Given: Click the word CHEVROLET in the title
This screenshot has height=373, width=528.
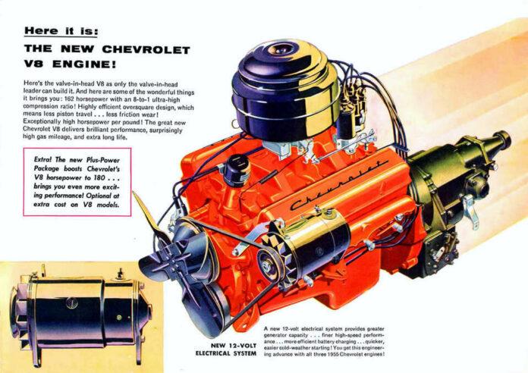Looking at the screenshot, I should click(x=136, y=51).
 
